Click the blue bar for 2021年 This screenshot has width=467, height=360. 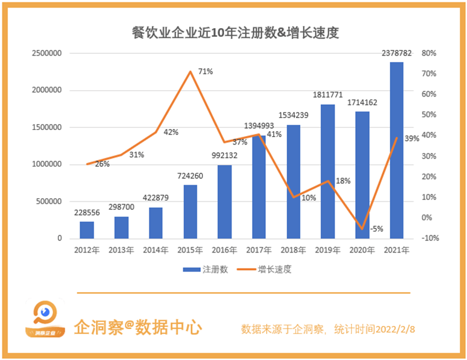396,150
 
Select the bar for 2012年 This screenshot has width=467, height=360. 87,230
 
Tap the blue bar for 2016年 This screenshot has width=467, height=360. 225,201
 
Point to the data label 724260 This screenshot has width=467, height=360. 191,176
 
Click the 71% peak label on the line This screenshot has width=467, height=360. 206,71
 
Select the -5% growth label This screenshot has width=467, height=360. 377,229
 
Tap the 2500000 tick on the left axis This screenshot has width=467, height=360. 46,53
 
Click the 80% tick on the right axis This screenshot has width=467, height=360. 429,53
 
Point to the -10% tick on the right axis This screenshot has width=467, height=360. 430,239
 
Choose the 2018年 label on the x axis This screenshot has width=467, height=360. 293,250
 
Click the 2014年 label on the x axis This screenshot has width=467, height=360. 156,250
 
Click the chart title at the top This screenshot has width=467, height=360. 235,33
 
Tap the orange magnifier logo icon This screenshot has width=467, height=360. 45,318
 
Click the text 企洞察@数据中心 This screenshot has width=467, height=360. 138,327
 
